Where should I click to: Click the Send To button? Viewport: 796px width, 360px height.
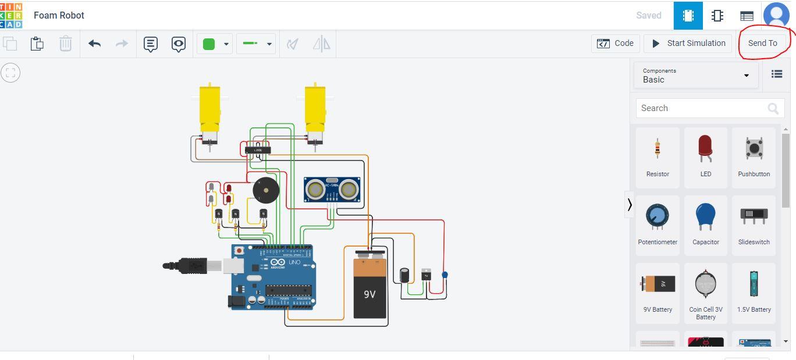point(762,43)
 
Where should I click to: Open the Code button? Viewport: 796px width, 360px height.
point(616,43)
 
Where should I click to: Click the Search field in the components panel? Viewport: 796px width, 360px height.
point(703,108)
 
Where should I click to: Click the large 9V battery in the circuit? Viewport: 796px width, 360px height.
point(369,288)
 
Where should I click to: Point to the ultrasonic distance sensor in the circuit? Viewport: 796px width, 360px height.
point(332,190)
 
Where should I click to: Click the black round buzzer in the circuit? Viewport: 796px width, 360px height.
point(266,190)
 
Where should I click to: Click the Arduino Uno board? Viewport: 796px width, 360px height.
point(272,277)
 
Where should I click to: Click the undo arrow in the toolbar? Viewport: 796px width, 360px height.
point(95,44)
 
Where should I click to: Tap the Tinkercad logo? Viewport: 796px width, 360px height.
point(11,15)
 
